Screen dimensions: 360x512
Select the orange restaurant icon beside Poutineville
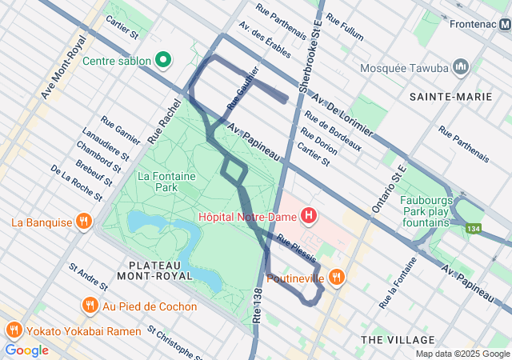338,277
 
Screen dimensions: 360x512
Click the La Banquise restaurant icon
83,222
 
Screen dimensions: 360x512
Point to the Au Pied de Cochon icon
90,306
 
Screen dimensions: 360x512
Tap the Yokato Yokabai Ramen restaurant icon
14,330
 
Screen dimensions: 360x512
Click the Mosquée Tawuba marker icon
460,67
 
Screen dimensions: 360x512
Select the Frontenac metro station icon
504,24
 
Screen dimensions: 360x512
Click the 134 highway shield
476,230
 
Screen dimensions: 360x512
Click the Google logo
26,350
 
